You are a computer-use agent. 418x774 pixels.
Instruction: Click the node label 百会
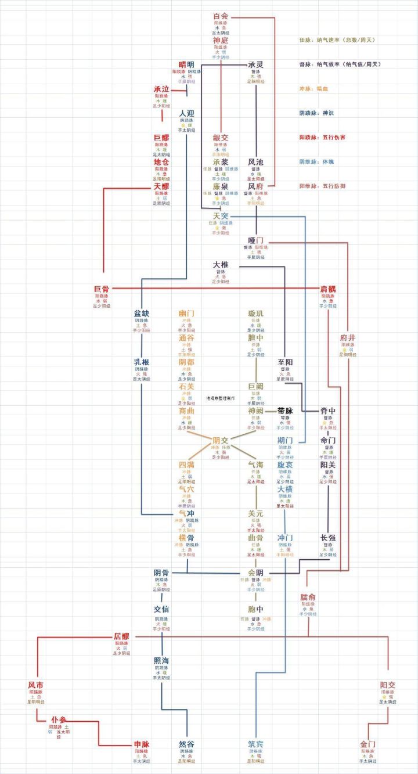click(221, 16)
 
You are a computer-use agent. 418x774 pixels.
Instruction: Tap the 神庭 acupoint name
click(221, 41)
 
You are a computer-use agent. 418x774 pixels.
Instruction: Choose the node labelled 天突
click(221, 216)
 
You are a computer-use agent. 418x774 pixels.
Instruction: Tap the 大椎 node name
click(221, 265)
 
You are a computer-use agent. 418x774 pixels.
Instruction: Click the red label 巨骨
click(102, 289)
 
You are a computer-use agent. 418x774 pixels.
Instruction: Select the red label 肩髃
click(328, 289)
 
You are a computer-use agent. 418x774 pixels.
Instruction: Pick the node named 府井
click(348, 337)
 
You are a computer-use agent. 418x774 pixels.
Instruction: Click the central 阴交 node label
click(221, 440)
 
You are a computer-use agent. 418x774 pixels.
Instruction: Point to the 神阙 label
click(255, 411)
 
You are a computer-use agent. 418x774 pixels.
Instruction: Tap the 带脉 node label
click(285, 411)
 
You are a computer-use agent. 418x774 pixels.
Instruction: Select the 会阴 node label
click(255, 572)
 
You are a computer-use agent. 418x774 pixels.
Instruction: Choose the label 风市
click(35, 685)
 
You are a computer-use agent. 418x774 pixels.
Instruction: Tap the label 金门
click(367, 744)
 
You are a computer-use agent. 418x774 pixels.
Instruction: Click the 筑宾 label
click(255, 744)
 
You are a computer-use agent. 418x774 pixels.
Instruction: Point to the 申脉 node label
click(142, 744)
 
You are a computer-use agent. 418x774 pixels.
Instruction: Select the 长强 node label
click(328, 538)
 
